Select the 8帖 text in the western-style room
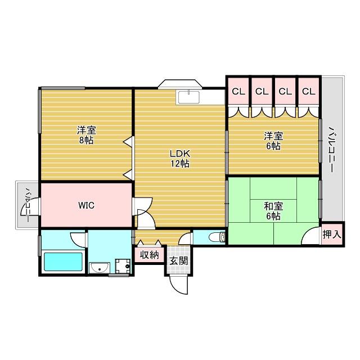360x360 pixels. coord(85,141)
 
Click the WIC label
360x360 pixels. coord(86,205)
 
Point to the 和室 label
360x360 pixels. coord(272,206)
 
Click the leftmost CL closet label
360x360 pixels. coord(238,91)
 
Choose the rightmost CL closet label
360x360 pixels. coord(308,91)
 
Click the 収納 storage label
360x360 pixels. coord(149,255)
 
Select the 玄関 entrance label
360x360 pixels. coord(179,260)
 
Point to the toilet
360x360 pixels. coord(215,237)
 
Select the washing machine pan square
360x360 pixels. coord(121,265)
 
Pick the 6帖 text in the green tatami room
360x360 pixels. coord(272,217)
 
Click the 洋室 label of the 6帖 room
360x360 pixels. coord(273,136)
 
